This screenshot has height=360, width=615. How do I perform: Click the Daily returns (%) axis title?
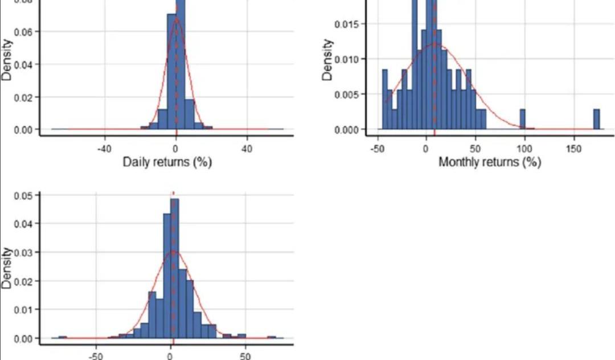[167, 162]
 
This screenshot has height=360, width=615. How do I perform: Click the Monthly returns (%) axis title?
[490, 162]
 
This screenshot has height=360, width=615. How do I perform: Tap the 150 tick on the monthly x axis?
[574, 149]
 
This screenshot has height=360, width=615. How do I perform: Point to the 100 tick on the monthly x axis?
[524, 149]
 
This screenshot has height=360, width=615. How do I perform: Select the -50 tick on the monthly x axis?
[376, 149]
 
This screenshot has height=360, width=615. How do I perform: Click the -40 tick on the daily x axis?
[104, 149]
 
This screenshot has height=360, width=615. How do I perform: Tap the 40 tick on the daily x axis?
[247, 149]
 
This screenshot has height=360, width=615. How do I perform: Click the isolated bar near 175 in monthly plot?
[597, 120]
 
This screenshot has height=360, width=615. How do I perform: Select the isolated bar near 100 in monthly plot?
[522, 120]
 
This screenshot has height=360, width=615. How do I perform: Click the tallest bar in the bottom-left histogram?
[175, 268]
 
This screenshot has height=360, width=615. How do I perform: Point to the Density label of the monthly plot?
[328, 59]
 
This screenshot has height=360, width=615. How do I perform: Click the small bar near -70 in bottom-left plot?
[63, 337]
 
